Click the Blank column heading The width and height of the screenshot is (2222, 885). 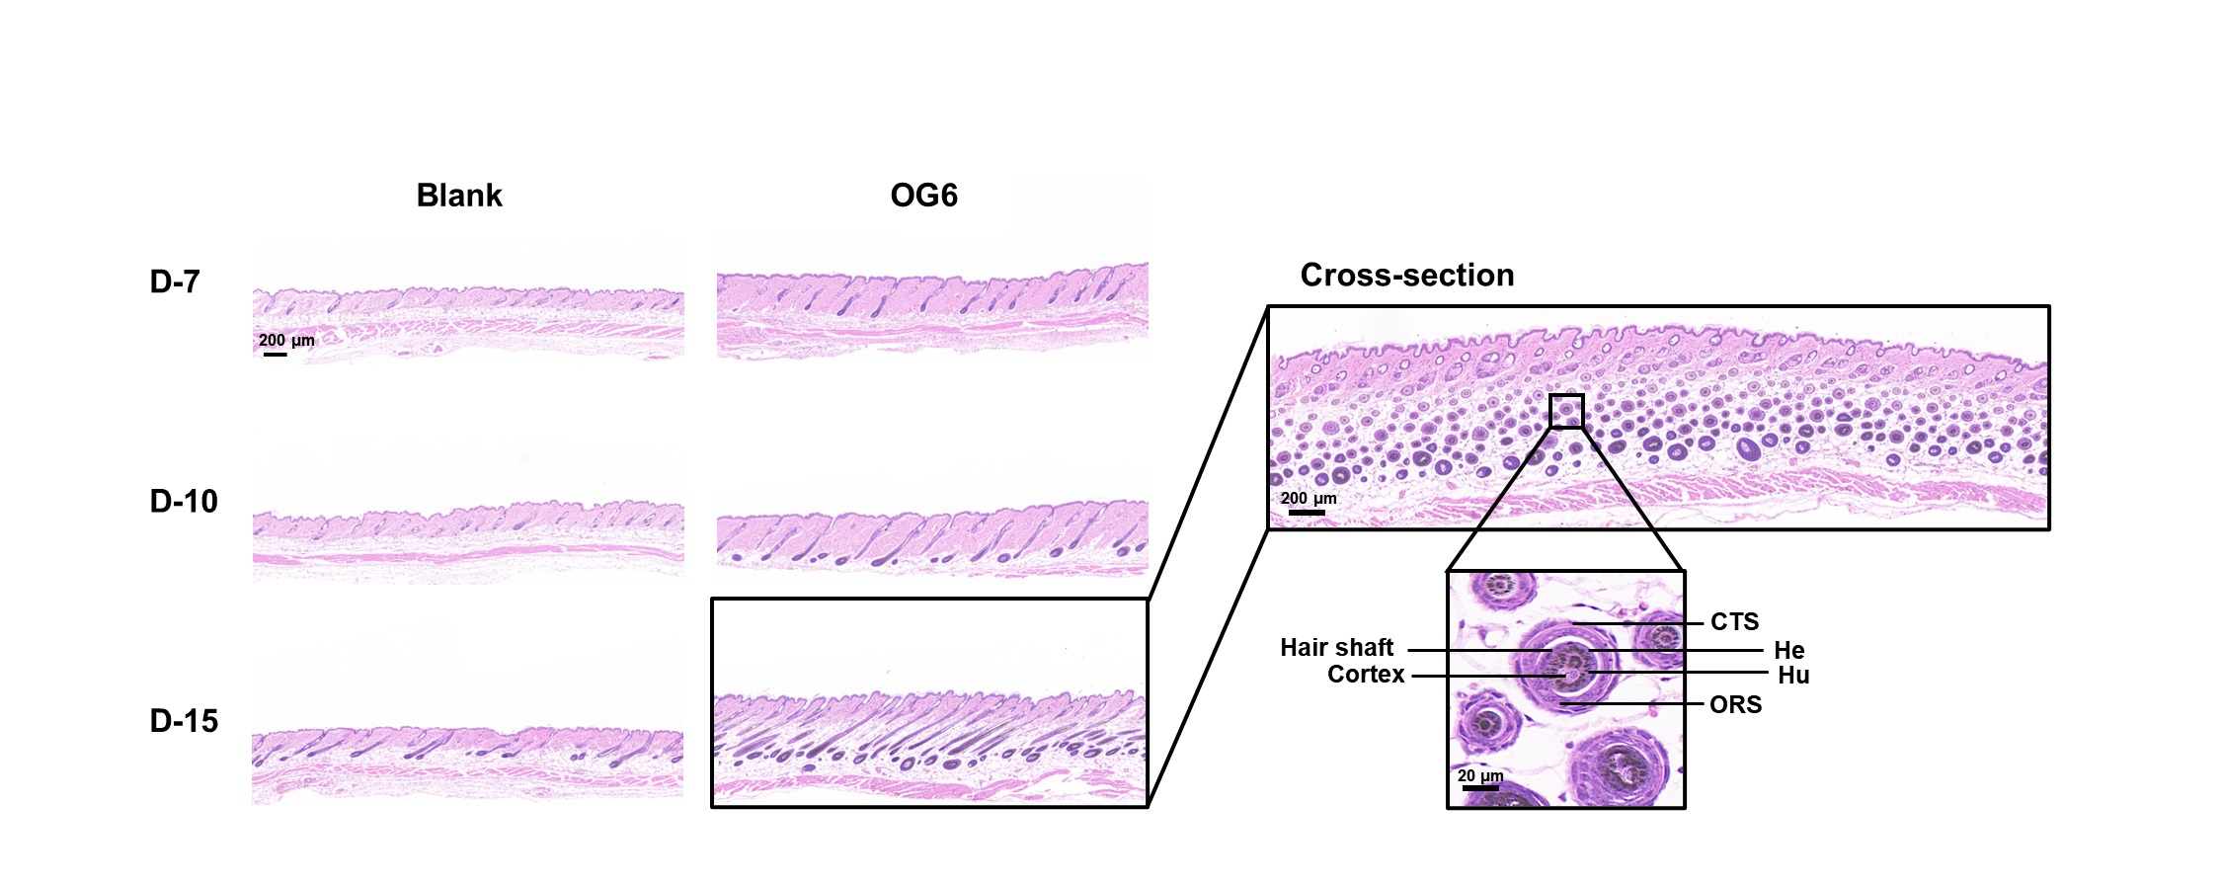click(459, 196)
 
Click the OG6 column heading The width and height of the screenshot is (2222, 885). click(923, 196)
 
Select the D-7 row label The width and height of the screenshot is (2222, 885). click(175, 282)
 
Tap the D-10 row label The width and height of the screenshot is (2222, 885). click(184, 502)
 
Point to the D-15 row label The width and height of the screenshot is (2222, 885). click(184, 721)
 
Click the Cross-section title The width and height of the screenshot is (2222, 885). click(1407, 275)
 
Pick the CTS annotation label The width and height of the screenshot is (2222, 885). click(1735, 622)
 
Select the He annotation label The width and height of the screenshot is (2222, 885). click(1789, 651)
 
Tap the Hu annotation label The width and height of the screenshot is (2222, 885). click(1793, 676)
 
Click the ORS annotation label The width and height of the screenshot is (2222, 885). click(1736, 705)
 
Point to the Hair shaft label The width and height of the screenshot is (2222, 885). click(1337, 648)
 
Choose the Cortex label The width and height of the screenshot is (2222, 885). click(1366, 675)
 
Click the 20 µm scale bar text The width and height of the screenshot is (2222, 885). click(1480, 776)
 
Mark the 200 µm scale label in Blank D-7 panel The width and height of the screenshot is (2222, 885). click(286, 341)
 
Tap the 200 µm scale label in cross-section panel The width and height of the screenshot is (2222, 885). click(1309, 499)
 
